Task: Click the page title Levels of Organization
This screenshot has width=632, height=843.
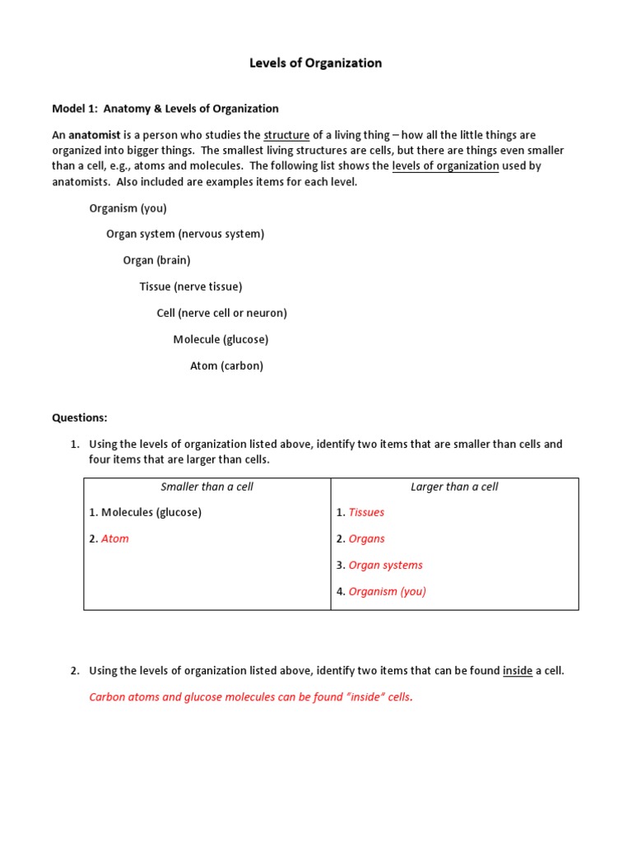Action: coord(316,63)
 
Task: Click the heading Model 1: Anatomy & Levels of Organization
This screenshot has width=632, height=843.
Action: coord(165,109)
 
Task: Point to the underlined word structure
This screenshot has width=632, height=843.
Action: coord(286,135)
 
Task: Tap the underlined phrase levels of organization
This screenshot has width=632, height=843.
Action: coord(445,166)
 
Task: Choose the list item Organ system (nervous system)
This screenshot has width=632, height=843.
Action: coord(185,235)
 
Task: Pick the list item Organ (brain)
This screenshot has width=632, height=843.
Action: coord(156,261)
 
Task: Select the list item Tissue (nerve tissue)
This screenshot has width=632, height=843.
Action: coord(191,287)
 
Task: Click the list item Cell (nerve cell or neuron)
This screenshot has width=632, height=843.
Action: coord(221,314)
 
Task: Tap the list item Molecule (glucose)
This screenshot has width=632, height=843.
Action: coord(221,340)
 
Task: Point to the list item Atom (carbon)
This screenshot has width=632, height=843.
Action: coord(226,366)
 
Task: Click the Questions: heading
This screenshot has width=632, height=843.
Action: coord(80,418)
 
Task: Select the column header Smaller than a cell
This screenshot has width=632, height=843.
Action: coord(207,487)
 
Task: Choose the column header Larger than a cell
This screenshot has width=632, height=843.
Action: coord(454,487)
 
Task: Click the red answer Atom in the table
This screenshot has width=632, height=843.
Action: coord(114,539)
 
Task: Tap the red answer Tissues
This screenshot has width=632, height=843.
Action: coord(366,513)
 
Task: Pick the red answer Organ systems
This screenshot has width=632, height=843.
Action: coord(385,566)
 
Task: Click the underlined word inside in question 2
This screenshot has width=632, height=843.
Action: coord(518,671)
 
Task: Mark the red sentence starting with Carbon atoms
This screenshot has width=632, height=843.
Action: coord(251,697)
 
